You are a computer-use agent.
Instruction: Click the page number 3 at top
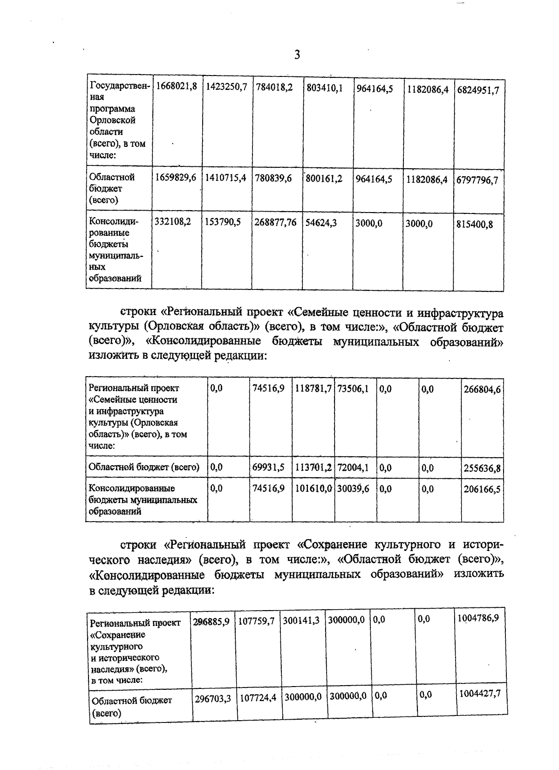pos(297,55)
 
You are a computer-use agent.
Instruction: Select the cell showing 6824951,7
pos(478,90)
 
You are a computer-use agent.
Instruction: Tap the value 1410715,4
pos(226,178)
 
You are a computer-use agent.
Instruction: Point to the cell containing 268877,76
pos(276,223)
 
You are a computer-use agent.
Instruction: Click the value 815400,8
pos(474,224)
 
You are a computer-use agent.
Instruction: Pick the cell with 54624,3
pos(321,223)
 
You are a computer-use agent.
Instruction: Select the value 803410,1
pos(325,88)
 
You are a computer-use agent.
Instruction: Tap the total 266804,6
pos(482,389)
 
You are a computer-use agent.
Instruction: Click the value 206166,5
pos(482,489)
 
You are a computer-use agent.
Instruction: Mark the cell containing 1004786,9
pos(478,618)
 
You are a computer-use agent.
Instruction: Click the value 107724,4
pos(258,698)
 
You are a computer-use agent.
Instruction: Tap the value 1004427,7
pos(480,694)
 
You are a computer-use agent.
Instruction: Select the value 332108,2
pos(173,223)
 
